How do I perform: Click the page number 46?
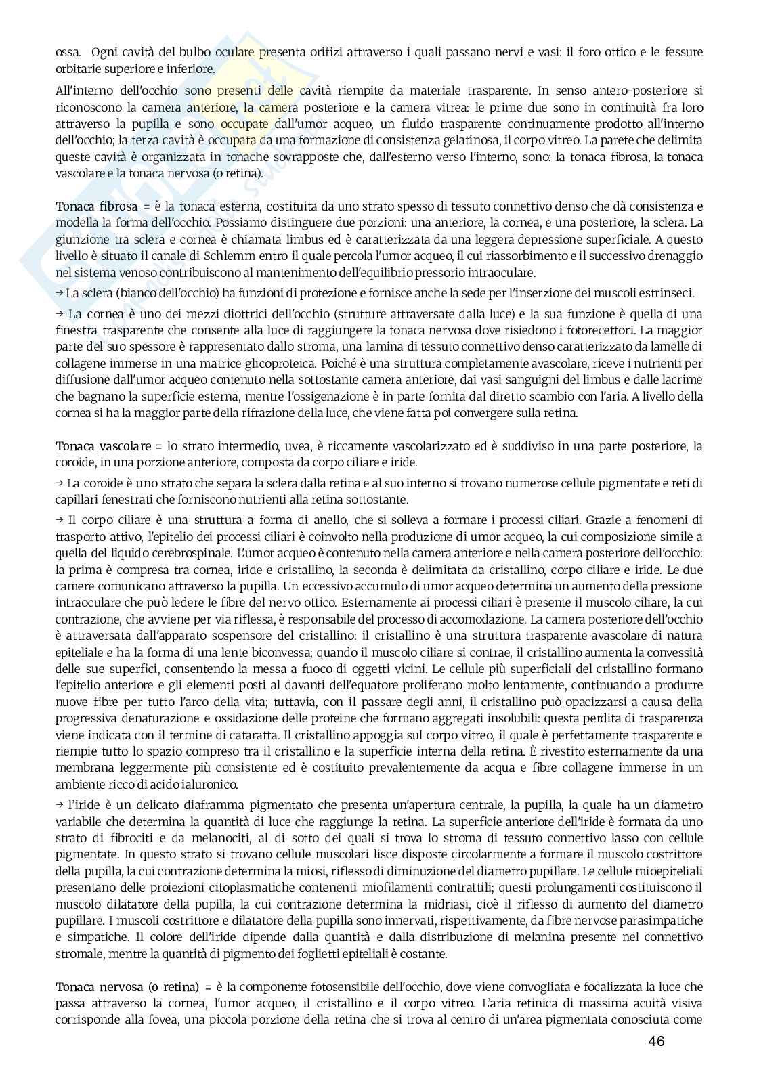[x=655, y=1041]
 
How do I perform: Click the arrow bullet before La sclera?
[x=60, y=293]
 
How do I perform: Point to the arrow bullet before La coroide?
[x=60, y=483]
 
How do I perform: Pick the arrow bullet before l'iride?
[x=60, y=805]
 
